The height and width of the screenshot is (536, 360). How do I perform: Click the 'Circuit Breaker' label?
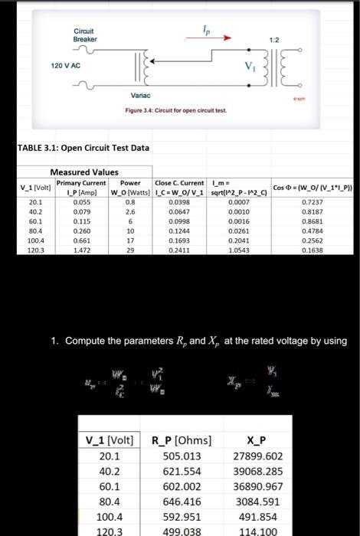(x=85, y=34)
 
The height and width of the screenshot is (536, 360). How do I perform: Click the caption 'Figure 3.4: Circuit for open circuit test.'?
(x=176, y=111)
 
